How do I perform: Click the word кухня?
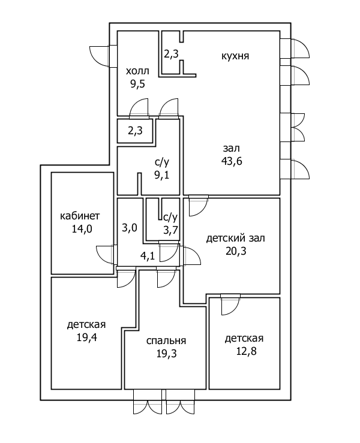[x=235, y=56]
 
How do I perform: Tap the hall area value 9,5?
[x=137, y=83]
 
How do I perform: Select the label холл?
[x=137, y=71]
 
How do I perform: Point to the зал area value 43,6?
[x=231, y=160]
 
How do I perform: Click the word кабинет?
[x=80, y=216]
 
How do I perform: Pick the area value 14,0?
[x=80, y=228]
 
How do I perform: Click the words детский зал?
[x=235, y=238]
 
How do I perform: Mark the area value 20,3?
[x=235, y=251]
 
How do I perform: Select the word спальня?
[x=166, y=340]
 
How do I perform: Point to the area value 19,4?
[x=86, y=337]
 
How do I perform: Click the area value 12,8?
[x=244, y=351]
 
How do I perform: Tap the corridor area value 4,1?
[x=147, y=256]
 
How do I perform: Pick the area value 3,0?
[x=130, y=228]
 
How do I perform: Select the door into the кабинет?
[x=107, y=254]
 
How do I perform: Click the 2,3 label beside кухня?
[x=171, y=54]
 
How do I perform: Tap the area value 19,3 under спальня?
[x=166, y=353]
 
